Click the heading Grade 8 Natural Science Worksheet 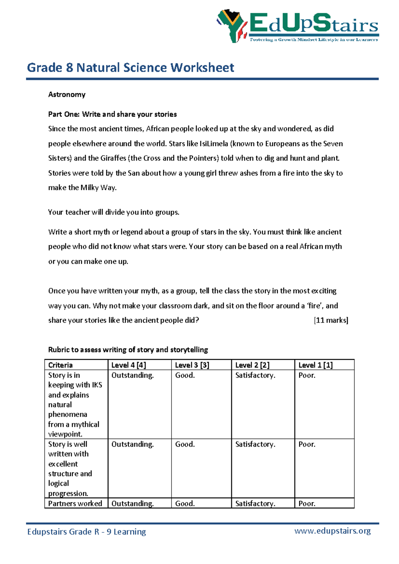click(x=130, y=68)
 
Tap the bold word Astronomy click(x=67, y=95)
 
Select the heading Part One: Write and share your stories click(x=112, y=114)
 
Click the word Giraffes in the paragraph click(x=113, y=158)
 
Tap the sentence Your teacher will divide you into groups click(x=114, y=212)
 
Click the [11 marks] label click(x=331, y=320)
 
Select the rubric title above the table click(x=128, y=350)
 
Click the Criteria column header click(x=61, y=365)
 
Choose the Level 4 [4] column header click(x=129, y=365)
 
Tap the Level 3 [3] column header click(x=192, y=365)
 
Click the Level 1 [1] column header click(x=316, y=365)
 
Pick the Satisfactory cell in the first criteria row click(x=255, y=375)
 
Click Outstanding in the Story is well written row click(x=132, y=445)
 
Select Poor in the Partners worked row click(x=307, y=504)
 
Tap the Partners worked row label click(x=75, y=504)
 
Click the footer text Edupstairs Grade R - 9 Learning click(x=86, y=532)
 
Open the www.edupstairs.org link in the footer click(x=332, y=531)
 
